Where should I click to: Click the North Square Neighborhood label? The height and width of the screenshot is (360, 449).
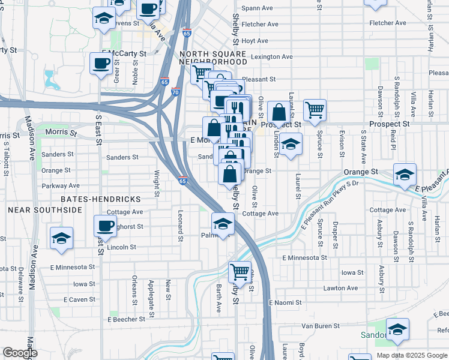click(213, 57)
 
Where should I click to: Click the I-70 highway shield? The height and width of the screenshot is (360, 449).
click(175, 92)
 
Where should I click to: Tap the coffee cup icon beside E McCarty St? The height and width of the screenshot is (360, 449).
click(100, 63)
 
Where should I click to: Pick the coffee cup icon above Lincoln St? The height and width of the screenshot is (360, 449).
click(106, 226)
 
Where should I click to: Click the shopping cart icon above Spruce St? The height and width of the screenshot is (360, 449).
click(315, 110)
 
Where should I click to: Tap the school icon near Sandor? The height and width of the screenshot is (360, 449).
click(397, 329)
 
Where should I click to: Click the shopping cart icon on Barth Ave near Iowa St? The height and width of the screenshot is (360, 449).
click(240, 272)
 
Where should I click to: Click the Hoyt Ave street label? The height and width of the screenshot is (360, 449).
click(255, 41)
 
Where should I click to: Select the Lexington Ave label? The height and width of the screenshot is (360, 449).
click(272, 57)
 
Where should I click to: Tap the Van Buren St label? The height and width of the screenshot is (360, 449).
click(321, 326)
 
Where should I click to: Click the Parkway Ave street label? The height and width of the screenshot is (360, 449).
click(61, 186)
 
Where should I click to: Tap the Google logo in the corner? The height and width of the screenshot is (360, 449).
click(20, 353)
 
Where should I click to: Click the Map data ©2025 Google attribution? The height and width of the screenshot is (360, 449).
click(411, 355)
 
